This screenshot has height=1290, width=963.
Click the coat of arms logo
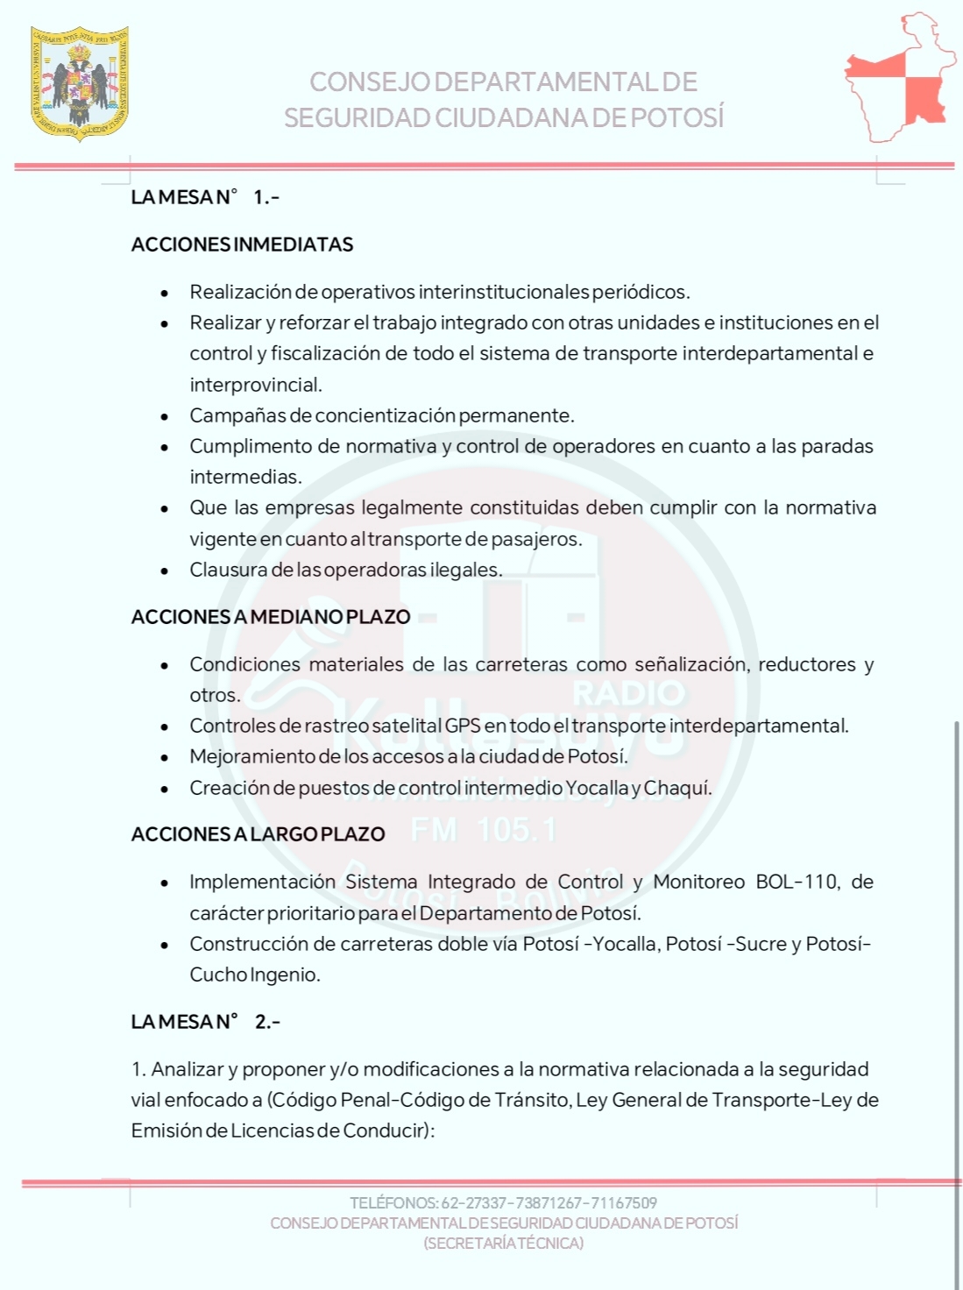80,83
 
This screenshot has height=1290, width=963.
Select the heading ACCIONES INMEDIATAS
242,245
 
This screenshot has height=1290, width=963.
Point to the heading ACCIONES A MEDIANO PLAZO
270,617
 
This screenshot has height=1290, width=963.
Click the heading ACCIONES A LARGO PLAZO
258,834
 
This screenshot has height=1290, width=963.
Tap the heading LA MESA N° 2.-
205,1022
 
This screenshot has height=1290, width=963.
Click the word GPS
463,727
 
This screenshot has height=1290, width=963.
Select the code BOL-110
796,882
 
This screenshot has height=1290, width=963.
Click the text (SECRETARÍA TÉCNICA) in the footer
504,1244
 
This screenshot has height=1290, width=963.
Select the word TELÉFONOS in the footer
393,1203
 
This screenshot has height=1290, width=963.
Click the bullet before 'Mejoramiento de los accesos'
165,757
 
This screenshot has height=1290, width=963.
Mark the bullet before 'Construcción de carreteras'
165,945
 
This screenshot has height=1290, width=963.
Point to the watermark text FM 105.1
483,830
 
